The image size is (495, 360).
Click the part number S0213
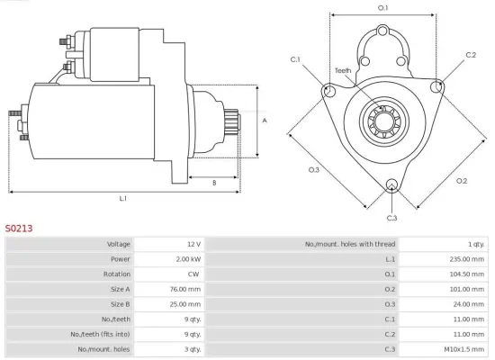(x=19, y=229)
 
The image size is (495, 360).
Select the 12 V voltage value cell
(x=193, y=244)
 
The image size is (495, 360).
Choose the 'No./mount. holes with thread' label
(x=350, y=244)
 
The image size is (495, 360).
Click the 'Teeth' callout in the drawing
(x=343, y=70)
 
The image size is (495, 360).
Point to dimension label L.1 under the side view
(x=122, y=198)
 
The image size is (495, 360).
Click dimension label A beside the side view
(x=265, y=119)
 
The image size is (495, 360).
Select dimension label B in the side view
(x=213, y=182)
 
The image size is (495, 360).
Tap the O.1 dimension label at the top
(x=382, y=8)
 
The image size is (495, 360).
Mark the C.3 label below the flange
(x=391, y=218)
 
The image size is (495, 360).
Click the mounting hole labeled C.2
(x=437, y=86)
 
